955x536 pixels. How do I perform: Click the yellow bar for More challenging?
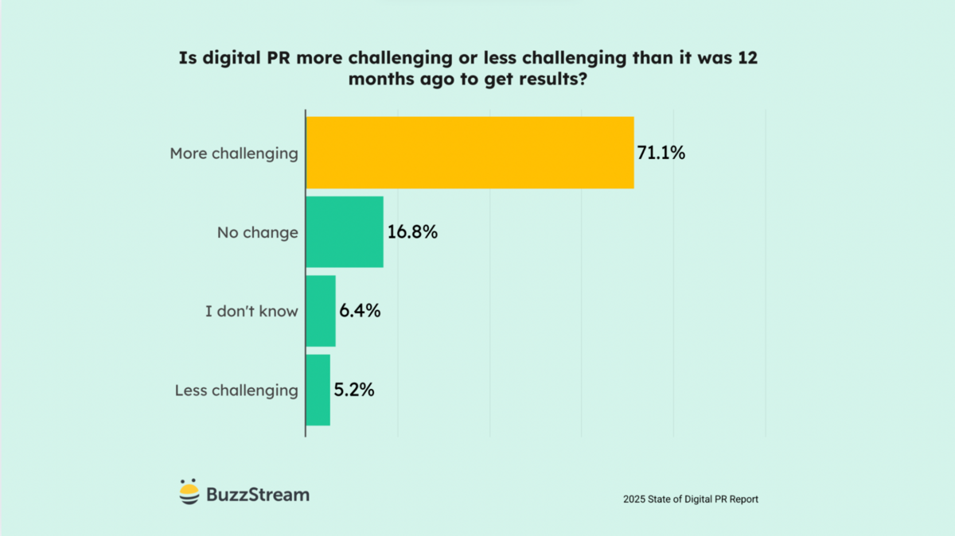(470, 153)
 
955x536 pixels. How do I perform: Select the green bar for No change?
(345, 232)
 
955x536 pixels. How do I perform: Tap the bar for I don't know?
(321, 311)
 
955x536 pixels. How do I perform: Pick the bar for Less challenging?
(318, 390)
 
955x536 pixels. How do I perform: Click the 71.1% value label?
(661, 153)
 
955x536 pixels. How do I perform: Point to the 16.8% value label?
(412, 232)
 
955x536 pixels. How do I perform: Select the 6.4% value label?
(360, 311)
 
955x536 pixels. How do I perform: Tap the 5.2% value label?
(354, 390)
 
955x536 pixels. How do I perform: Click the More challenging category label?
(234, 153)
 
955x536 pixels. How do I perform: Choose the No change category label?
(258, 233)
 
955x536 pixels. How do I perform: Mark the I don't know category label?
(251, 312)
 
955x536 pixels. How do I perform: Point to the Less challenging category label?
(236, 390)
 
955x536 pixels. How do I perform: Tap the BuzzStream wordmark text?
(258, 494)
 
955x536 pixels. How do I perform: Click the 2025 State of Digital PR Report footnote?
(691, 499)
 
